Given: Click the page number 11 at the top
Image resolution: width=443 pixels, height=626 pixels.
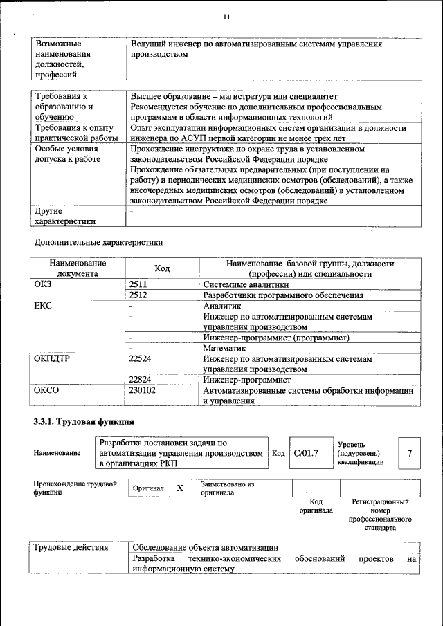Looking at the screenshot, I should pos(226,17).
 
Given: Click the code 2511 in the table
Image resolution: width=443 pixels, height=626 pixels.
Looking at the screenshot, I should pos(138,284).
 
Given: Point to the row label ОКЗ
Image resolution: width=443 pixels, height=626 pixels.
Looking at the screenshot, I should pos(42,284).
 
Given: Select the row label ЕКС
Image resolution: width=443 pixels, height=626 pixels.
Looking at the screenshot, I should pos(42,306).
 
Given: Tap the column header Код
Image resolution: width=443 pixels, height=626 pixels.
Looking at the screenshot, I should pos(162,268).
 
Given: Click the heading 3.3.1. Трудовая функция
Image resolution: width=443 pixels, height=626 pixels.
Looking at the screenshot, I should pos(84,421).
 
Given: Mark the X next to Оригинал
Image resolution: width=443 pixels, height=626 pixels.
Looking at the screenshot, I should pos(179,488).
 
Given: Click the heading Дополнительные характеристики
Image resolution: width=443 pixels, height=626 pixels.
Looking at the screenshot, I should pos(98,243).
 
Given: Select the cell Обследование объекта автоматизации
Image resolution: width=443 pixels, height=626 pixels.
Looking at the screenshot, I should pos(206,547).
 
